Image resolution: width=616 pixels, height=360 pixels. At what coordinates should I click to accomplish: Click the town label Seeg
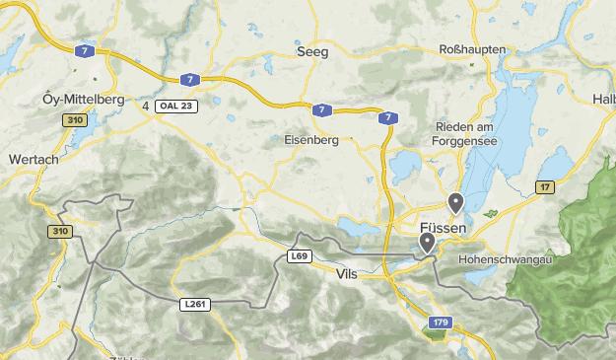(314, 52)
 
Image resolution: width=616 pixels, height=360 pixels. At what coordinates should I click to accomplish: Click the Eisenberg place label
(310, 140)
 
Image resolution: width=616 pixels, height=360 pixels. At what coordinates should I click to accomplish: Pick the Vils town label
(347, 273)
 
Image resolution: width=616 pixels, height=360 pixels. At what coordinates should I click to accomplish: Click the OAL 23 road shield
(178, 106)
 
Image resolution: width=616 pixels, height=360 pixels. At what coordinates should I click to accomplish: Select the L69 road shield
(301, 256)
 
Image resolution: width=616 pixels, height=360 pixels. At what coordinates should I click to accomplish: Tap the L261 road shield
(195, 304)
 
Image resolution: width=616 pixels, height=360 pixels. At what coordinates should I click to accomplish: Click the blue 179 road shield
(441, 323)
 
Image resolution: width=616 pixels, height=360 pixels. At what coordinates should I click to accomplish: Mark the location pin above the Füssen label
(455, 203)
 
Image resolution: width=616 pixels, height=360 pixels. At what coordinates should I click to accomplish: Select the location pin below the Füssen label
(427, 242)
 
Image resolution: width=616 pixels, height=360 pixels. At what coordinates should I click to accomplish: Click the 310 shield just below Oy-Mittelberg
(74, 120)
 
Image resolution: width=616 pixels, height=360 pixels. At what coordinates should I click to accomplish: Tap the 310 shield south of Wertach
(59, 232)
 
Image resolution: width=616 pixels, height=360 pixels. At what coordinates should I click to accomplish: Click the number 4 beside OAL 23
(146, 106)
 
